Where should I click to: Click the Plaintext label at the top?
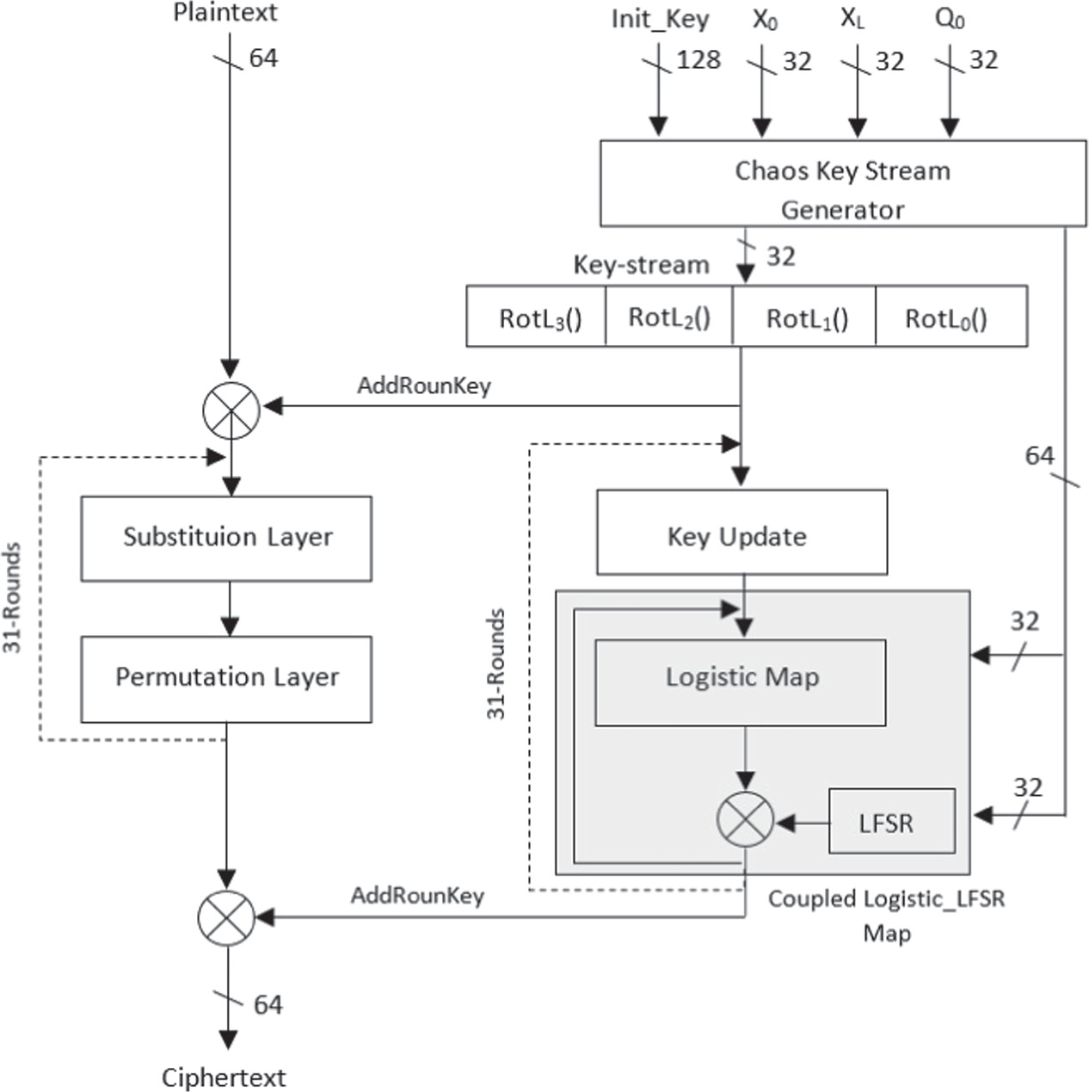pos(225,13)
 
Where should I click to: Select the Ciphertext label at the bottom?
pos(224,1077)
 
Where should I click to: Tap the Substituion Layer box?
pos(226,538)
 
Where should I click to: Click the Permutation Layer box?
pos(226,678)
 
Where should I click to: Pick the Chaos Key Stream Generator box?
pos(842,184)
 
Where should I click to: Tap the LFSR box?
pos(891,822)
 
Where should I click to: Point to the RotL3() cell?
pos(539,318)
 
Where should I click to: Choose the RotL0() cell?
pos(946,318)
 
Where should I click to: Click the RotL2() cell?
pos(669,318)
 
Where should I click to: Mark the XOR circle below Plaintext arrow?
pos(231,410)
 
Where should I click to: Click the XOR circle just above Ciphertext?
pos(226,918)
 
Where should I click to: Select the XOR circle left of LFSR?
pos(745,821)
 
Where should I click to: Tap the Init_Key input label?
pos(660,19)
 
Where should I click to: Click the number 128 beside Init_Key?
pos(698,59)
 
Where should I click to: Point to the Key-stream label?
pos(641,264)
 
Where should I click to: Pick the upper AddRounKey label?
pos(423,385)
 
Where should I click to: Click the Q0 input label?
pos(950,19)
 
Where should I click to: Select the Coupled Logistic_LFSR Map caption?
pos(886,915)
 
